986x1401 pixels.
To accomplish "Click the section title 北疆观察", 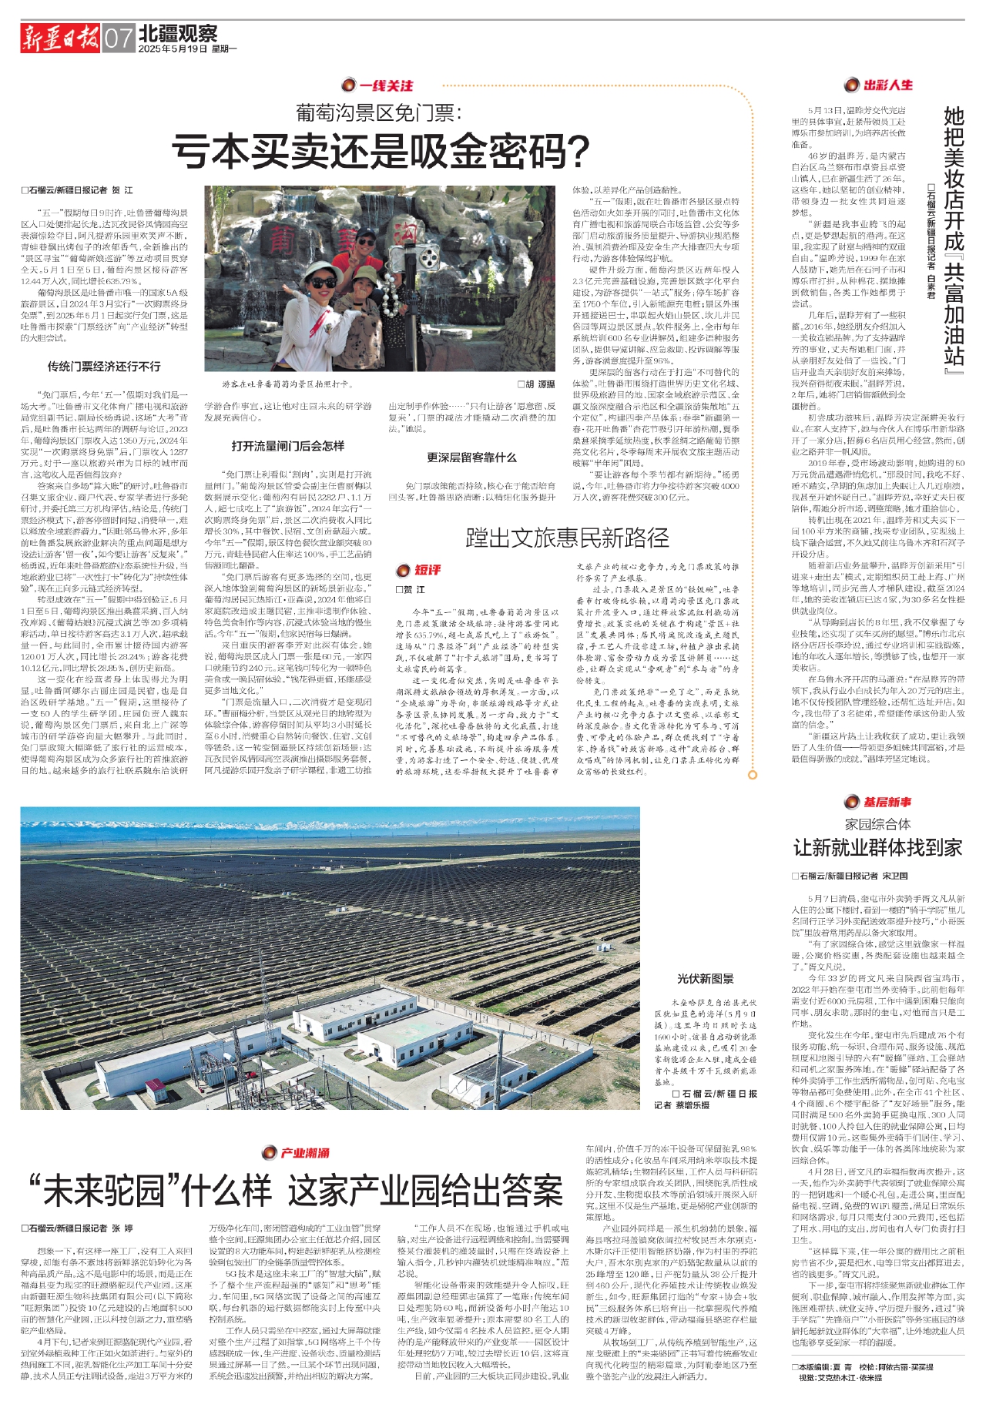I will point(178,33).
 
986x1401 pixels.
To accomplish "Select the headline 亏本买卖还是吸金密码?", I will point(381,151).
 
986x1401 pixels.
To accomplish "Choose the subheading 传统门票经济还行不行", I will point(104,367).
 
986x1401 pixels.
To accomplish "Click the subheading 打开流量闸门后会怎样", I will point(288,446).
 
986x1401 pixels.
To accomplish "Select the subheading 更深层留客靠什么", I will point(471,458).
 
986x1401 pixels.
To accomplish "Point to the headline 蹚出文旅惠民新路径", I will point(567,538).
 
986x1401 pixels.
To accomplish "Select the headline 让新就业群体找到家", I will point(878,848).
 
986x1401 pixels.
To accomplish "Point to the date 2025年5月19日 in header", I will point(173,49).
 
